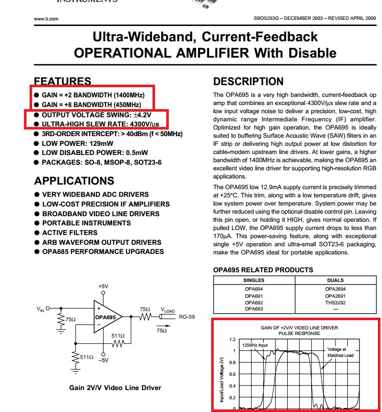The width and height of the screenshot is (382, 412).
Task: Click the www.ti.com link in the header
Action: [x=46, y=19]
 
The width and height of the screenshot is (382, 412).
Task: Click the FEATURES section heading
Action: [x=63, y=81]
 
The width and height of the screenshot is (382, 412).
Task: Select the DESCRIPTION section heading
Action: [x=248, y=82]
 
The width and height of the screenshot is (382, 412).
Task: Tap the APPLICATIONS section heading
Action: [x=74, y=181]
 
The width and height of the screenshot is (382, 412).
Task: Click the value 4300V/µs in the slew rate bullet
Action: [x=144, y=124]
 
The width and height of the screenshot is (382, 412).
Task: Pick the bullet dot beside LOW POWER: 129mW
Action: [x=37, y=143]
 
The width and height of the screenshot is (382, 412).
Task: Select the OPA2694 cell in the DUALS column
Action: [x=335, y=289]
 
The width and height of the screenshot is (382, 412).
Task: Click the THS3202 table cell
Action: [x=335, y=303]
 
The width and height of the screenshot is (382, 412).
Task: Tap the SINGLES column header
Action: [x=254, y=280]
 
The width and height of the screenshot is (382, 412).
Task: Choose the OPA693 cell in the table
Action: [x=254, y=309]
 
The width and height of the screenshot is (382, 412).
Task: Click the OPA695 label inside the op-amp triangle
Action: [x=106, y=317]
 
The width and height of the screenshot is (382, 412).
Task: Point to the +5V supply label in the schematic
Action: [x=103, y=286]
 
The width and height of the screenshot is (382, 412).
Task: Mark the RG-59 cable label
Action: [x=187, y=317]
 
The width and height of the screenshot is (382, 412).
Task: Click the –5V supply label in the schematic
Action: [x=103, y=360]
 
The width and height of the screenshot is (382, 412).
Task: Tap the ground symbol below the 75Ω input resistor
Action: [x=61, y=331]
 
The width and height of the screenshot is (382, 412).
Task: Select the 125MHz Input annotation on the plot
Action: [x=254, y=345]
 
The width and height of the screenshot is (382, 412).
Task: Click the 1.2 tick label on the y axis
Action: [x=233, y=340]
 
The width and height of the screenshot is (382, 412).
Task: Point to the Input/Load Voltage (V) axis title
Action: [x=222, y=379]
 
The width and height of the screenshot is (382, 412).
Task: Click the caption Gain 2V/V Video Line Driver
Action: [x=115, y=388]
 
